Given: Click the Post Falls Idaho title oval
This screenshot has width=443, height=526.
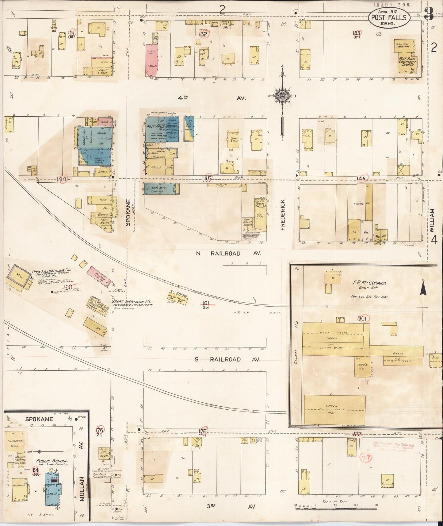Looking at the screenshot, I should pos(388,17).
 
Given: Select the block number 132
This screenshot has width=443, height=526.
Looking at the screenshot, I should pos(203,34).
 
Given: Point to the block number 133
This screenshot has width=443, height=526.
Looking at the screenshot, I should pos(356,33).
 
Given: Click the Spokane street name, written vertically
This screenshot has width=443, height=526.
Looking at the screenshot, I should pos(128,213).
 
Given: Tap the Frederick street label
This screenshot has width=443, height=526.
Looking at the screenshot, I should pos(282,215).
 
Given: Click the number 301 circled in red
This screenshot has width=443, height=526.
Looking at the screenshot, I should pos(362,319).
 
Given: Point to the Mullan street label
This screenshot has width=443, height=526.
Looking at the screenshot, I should pos(82,493).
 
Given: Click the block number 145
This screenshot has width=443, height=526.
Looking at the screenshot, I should pos(206,178).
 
